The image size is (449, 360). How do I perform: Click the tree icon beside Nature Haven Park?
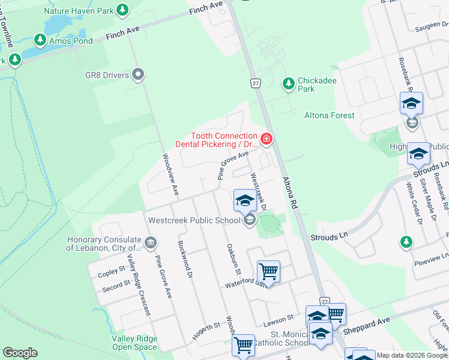pos(122,10)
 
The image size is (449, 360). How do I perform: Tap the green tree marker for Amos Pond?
pos(40,40)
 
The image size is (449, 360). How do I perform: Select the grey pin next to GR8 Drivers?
pos(138,75)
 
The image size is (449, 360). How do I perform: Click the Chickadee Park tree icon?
pos(289,82)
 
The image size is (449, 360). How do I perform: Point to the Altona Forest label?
pos(330,115)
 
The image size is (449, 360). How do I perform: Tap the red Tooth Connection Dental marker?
pos(266,140)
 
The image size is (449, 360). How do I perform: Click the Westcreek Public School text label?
pos(194,220)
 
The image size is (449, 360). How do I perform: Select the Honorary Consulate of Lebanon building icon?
pos(151,244)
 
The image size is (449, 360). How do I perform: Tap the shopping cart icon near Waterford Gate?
pos(268,272)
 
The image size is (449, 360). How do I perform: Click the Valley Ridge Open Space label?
pos(134,342)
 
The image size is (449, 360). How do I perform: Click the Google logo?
pos(20,353)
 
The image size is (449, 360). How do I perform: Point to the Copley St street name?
pos(111,272)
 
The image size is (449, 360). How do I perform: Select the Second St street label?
pos(115,284)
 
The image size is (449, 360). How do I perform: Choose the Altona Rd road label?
pos(290,193)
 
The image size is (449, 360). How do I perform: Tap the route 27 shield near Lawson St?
pos(325,302)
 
